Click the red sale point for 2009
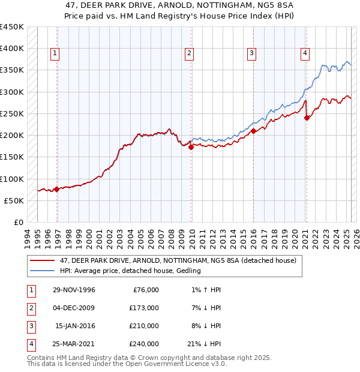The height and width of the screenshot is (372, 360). tap(191, 146)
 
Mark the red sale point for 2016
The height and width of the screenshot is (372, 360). tap(253, 131)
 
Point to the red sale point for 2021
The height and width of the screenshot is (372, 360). tap(307, 118)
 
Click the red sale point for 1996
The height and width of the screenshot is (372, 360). tap(56, 189)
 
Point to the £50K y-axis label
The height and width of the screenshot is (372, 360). tap(14, 200)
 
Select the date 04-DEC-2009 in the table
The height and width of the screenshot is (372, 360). tap(74, 308)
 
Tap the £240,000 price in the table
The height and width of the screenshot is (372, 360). tap(145, 344)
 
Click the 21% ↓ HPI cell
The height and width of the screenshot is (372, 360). tap(204, 344)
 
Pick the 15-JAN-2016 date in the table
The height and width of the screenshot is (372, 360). tap(75, 326)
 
